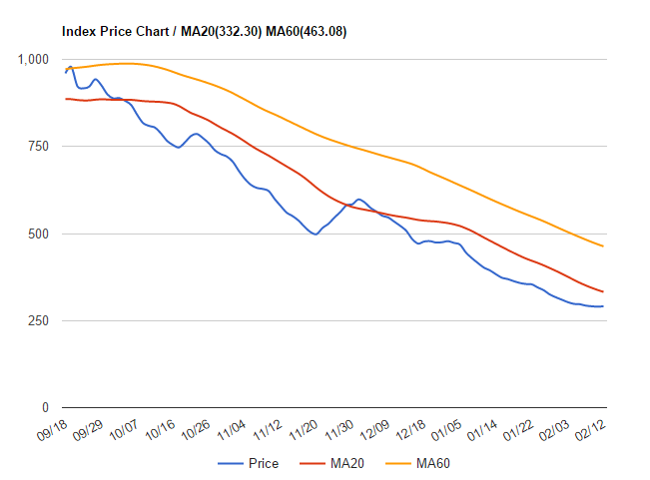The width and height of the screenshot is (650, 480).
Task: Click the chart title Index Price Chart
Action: click(118, 32)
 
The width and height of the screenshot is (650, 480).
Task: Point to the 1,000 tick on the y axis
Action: click(33, 60)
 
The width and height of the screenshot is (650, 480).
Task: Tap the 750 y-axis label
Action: click(38, 147)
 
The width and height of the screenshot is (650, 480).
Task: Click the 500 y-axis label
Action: click(38, 234)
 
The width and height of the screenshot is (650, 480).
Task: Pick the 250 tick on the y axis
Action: click(38, 320)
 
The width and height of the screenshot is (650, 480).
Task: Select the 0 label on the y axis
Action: click(45, 407)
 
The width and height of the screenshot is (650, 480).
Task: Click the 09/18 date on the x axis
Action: click(51, 428)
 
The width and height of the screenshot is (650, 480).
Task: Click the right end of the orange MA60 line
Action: click(602, 245)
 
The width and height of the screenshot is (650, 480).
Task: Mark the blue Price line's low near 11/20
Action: click(316, 234)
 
